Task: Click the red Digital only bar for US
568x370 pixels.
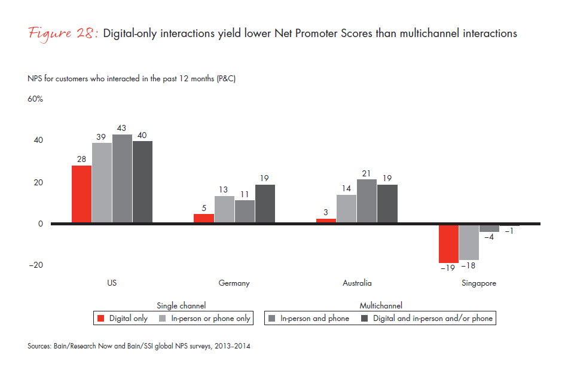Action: click(81, 194)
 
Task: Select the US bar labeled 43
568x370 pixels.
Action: click(122, 179)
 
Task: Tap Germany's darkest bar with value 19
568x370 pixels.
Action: click(265, 204)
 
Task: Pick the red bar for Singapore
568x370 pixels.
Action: click(448, 243)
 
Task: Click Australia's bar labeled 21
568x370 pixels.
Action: click(367, 201)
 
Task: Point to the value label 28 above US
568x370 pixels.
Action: click(81, 159)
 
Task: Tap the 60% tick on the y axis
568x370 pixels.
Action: click(35, 99)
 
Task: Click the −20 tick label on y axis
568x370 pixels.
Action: click(35, 265)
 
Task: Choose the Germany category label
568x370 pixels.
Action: click(234, 283)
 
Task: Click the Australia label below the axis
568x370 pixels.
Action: click(356, 283)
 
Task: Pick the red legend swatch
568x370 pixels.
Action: click(102, 319)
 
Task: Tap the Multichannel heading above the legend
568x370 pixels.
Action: click(380, 305)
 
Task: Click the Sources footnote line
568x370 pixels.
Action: click(139, 346)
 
